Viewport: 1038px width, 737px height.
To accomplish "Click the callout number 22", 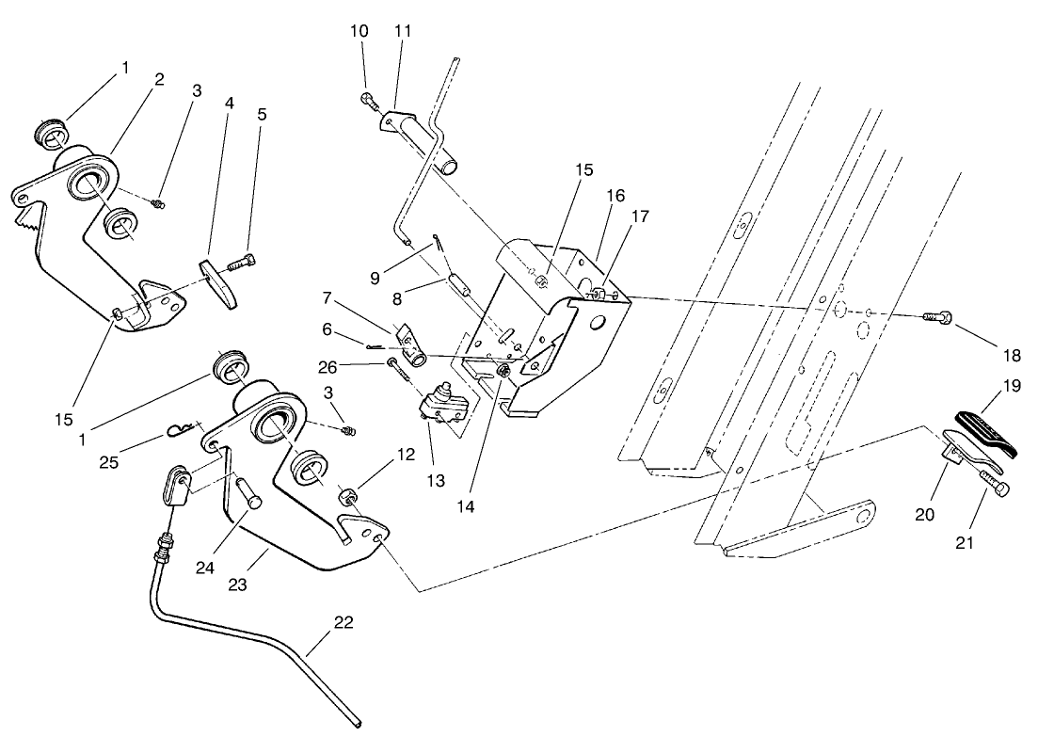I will tap(344, 623).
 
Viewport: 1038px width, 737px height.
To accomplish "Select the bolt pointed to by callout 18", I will tap(936, 319).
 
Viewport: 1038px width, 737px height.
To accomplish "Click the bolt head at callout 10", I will tap(366, 98).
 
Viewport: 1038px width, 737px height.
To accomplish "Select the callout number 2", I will tap(159, 79).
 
